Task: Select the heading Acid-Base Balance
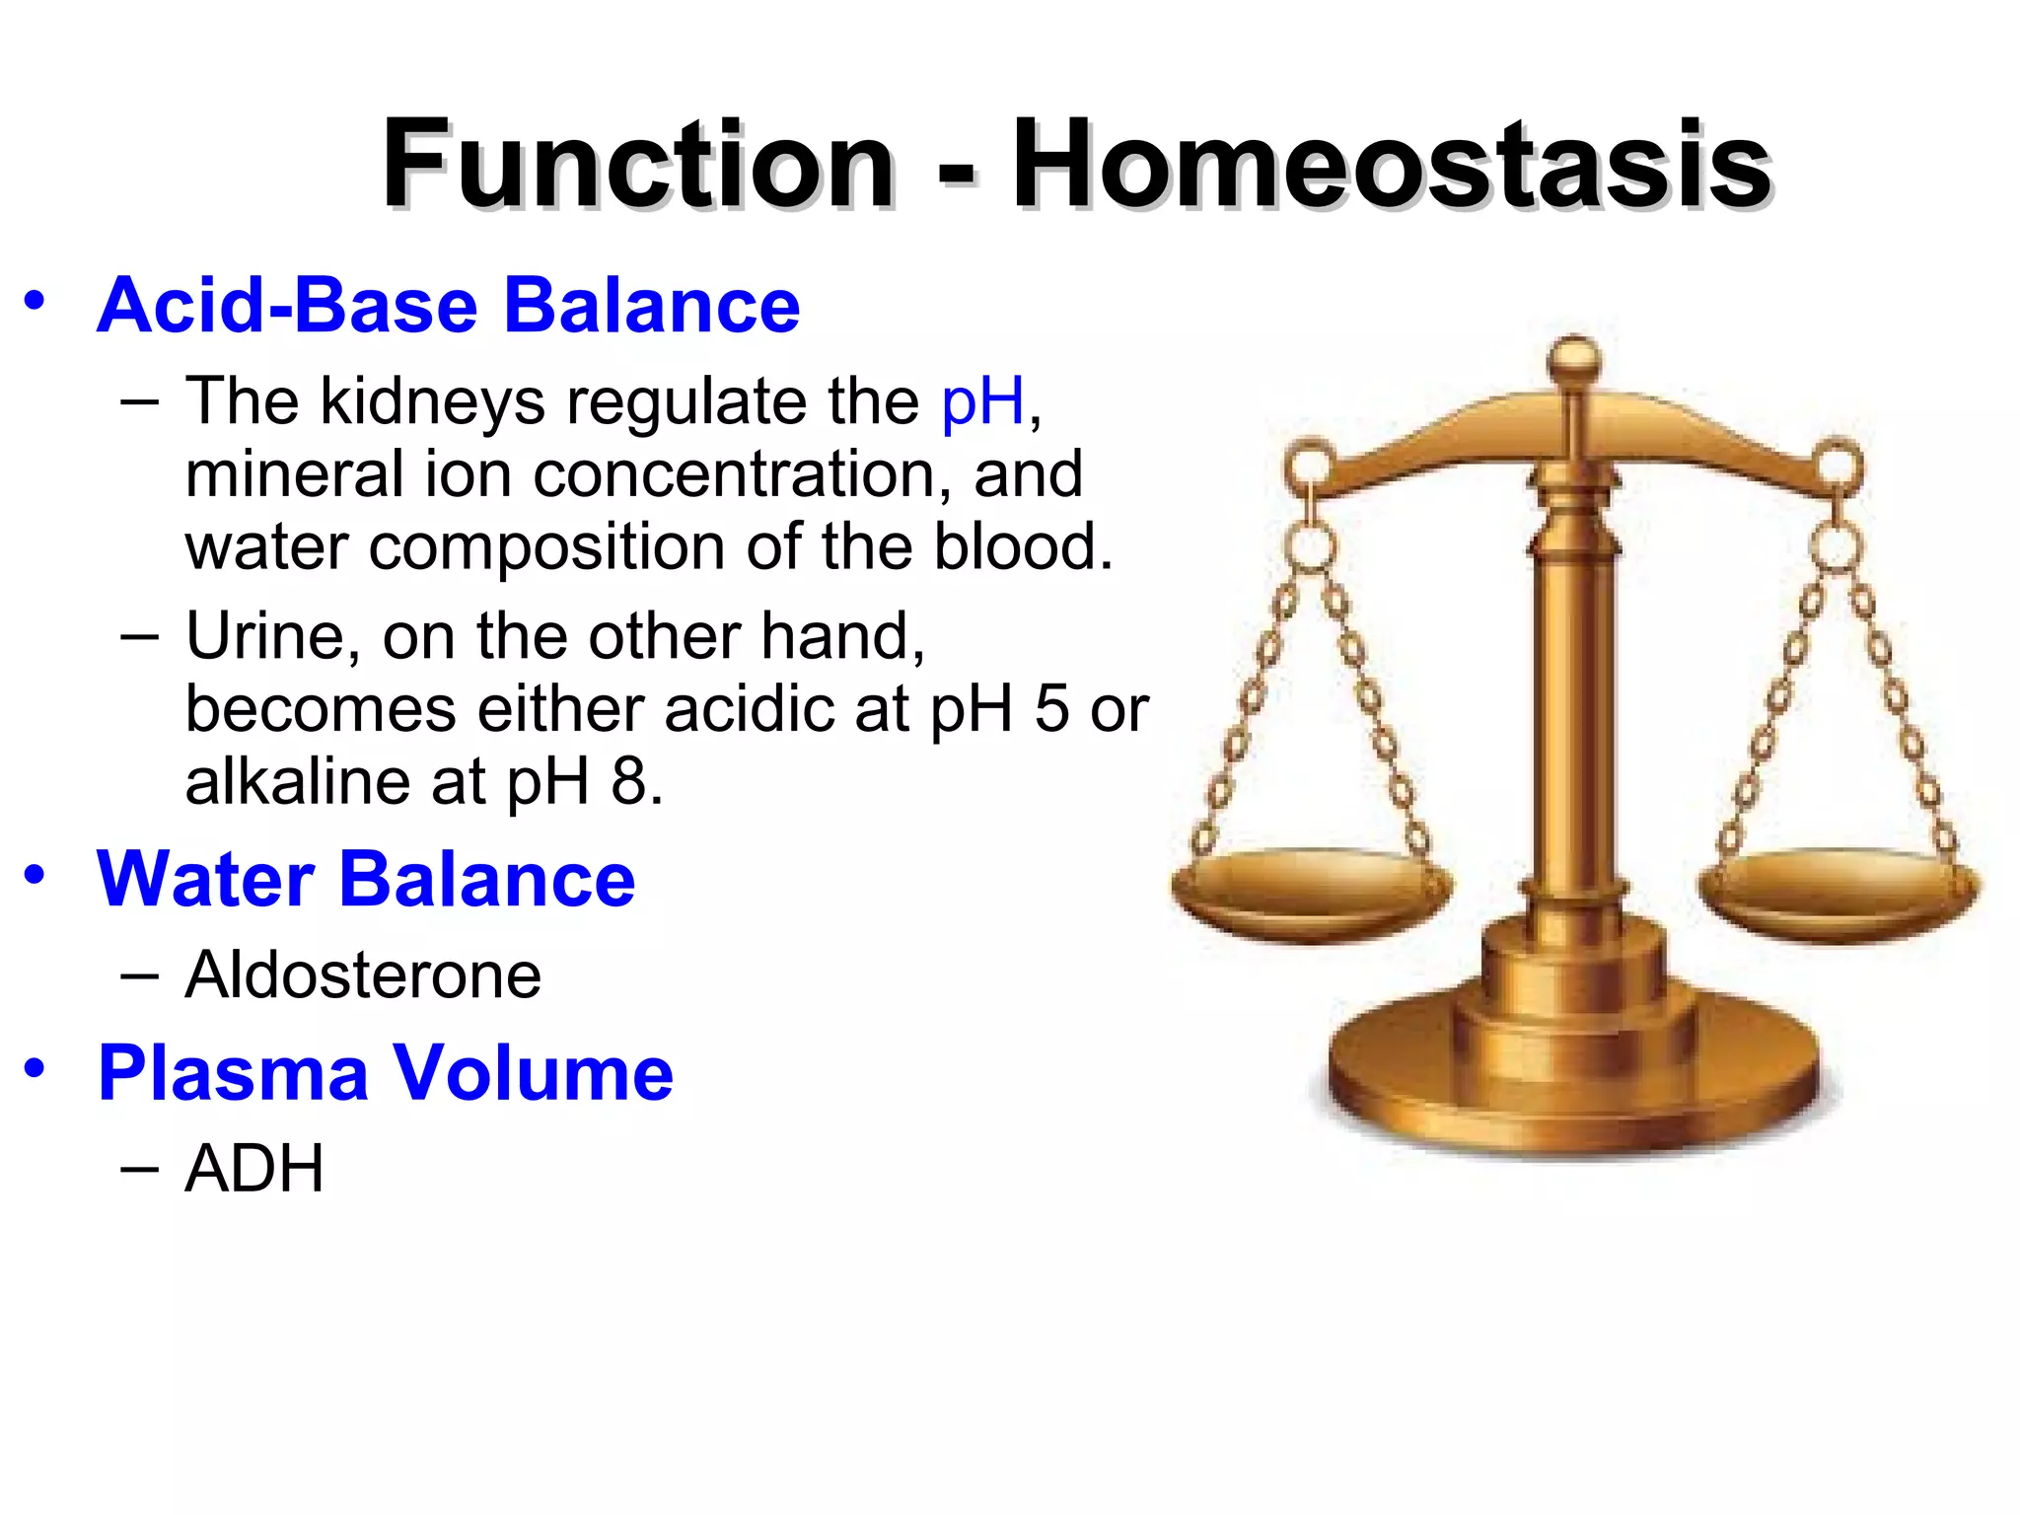pyautogui.click(x=449, y=306)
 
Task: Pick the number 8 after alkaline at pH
pyautogui.click(x=628, y=781)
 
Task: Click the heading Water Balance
pyautogui.click(x=366, y=879)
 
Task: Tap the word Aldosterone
pyautogui.click(x=363, y=975)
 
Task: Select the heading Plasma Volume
pyautogui.click(x=386, y=1073)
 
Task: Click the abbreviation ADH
pyautogui.click(x=254, y=1169)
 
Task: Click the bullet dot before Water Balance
pyautogui.click(x=36, y=875)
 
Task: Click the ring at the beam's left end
pyautogui.click(x=1311, y=464)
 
